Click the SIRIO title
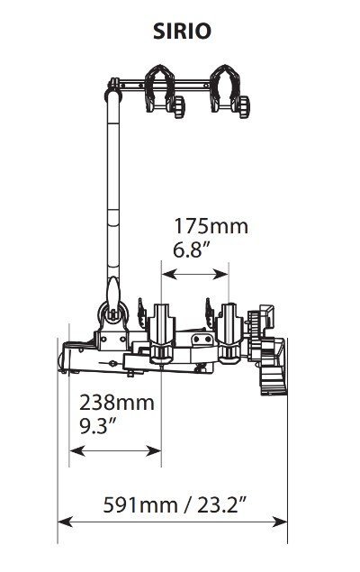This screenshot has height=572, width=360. [x=182, y=32]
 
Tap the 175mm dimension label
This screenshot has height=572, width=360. [x=211, y=226]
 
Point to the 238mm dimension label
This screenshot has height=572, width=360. [x=117, y=403]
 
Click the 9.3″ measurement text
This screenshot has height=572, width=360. [x=98, y=426]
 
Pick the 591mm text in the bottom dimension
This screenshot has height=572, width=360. [x=140, y=505]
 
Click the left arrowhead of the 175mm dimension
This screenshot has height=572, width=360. [x=169, y=274]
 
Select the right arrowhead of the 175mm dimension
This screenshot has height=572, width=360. [x=220, y=274]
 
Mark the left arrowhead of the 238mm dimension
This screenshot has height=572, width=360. [x=76, y=451]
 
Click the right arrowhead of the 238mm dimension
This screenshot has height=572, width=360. [x=153, y=451]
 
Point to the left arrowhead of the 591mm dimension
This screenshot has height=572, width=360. [x=66, y=522]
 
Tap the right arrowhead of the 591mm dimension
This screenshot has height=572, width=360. [x=280, y=522]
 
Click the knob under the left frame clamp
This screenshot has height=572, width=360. [x=179, y=106]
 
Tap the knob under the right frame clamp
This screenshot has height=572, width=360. [x=244, y=106]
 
